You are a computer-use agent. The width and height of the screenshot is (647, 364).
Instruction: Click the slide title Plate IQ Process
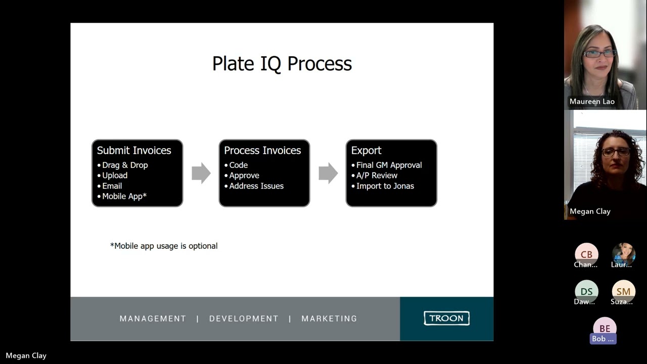282,64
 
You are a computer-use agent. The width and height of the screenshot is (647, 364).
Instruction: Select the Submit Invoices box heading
134,151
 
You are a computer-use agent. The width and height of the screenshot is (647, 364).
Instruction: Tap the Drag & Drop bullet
125,165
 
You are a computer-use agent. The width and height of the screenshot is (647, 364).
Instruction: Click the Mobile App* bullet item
124,196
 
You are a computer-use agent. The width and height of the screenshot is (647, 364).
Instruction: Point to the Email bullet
112,186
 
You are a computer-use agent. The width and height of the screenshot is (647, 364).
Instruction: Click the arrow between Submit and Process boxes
201,173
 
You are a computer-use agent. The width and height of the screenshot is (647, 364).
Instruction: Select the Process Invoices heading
262,151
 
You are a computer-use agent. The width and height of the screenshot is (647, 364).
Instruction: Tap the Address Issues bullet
256,186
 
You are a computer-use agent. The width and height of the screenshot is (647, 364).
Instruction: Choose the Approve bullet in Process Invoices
244,175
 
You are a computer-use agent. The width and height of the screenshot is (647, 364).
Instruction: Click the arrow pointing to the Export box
328,173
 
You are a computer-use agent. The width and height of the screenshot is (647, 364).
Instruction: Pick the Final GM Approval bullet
389,165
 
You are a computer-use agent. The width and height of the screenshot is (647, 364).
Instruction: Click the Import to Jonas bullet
385,186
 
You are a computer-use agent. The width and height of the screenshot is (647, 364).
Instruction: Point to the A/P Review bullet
377,175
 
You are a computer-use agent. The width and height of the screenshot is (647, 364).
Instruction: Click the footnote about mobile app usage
164,246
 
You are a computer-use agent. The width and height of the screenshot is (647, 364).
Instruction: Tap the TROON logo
446,318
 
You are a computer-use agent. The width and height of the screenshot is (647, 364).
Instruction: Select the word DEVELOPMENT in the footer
244,318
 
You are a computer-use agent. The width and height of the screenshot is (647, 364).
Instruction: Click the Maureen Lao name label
592,102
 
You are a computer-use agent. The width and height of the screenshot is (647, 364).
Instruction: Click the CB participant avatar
586,254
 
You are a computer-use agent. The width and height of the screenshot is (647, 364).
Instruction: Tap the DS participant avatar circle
586,291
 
